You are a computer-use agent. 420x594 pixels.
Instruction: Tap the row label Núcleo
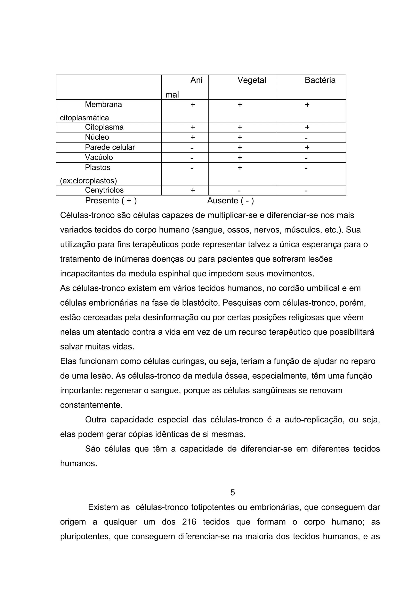97,137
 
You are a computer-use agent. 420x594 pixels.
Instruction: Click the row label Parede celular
110,147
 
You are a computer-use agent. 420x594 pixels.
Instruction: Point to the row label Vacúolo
99,157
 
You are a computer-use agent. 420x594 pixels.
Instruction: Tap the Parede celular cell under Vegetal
240,147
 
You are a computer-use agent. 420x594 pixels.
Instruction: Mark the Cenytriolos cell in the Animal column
193,190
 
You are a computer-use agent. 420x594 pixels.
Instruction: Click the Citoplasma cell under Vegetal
240,127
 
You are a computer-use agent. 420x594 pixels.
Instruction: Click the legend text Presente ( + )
111,200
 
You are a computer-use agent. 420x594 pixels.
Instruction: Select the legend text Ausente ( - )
230,200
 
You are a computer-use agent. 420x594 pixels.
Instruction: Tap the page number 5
232,492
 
